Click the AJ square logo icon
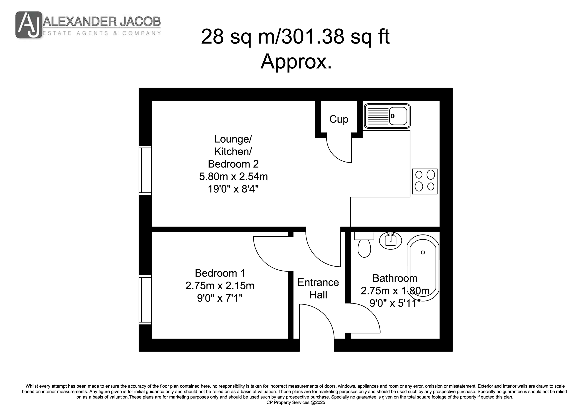coord(29,25)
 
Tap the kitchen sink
coord(387,116)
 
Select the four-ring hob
coord(425,181)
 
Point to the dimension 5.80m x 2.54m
coord(233,177)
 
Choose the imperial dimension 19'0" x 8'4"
coord(233,189)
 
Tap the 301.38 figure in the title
coord(313,37)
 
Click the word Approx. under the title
coord(296,62)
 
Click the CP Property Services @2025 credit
coord(296,402)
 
